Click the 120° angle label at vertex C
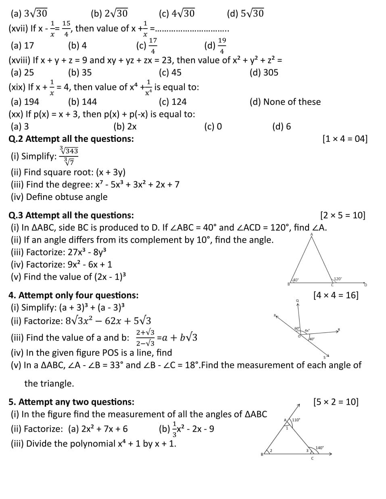[338, 279]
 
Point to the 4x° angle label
[307, 331]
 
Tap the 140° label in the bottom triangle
[319, 447]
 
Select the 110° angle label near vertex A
[296, 420]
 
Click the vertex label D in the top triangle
[366, 285]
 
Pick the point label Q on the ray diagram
[297, 301]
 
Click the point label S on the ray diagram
[324, 358]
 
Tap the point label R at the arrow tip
[339, 330]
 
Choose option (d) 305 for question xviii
[264, 73]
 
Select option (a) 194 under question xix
[25, 102]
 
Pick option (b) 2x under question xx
[125, 127]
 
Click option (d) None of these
[285, 102]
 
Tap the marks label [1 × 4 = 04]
[345, 139]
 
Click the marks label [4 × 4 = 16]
[336, 295]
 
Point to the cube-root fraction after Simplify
[69, 156]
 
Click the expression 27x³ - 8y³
[87, 252]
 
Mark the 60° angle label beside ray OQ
[297, 329]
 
